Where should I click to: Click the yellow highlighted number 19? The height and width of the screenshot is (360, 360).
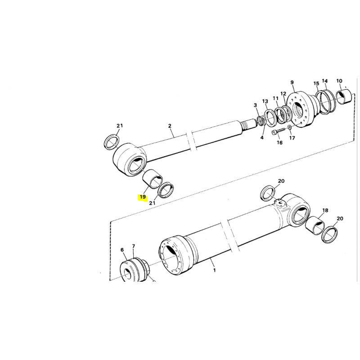point(143,197)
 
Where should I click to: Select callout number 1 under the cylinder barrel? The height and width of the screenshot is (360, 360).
point(215,270)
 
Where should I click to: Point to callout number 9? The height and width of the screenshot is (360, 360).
point(292,82)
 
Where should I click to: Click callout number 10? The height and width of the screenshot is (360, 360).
point(339,81)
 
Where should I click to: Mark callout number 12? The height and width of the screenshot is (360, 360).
point(283,94)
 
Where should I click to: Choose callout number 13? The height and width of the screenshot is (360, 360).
point(265,101)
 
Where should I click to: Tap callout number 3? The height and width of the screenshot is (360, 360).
point(255,105)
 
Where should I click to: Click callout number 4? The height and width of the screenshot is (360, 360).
point(262,138)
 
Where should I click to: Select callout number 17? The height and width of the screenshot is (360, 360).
point(292,138)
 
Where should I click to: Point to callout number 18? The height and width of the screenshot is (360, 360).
point(325,210)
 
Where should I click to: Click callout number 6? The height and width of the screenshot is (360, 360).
point(121,250)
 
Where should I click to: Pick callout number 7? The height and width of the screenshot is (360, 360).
point(133,246)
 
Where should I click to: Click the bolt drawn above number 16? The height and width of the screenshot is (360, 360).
point(279,131)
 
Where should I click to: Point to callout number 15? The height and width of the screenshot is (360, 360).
point(316,84)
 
